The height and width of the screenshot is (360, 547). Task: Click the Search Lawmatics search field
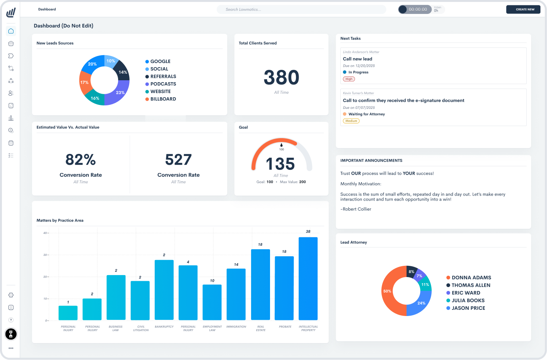[301, 9]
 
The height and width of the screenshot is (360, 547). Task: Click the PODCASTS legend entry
[163, 84]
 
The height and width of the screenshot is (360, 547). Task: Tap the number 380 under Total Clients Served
[281, 78]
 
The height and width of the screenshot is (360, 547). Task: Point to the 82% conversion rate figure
[81, 160]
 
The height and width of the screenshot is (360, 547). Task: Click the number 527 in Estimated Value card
[178, 160]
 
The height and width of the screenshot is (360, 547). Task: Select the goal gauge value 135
[280, 164]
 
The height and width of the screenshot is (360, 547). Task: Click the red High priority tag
[349, 79]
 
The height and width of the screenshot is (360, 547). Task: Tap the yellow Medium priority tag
[351, 121]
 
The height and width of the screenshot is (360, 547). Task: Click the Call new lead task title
[358, 59]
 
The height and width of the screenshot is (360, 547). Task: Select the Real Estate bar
[260, 284]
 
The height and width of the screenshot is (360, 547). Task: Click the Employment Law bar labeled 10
[212, 302]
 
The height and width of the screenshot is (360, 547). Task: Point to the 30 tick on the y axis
[45, 255]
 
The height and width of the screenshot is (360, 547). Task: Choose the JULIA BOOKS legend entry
[468, 301]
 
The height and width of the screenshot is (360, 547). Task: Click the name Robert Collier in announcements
[357, 209]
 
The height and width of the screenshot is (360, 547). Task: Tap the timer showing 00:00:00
[418, 9]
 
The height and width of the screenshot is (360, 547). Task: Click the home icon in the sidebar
[11, 31]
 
